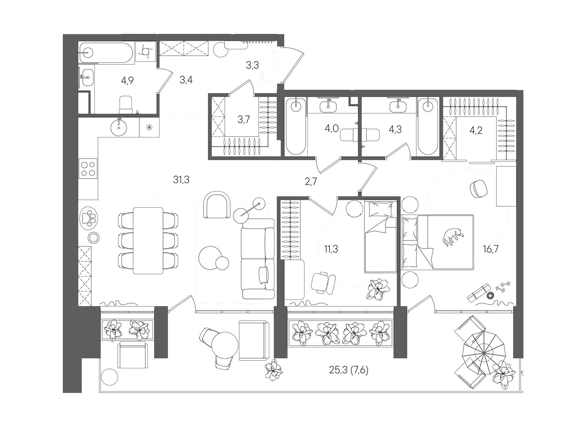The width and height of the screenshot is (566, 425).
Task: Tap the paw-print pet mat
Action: (x=89, y=217)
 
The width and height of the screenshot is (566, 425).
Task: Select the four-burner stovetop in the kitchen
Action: (x=88, y=168)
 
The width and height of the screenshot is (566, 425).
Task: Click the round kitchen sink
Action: (x=119, y=127)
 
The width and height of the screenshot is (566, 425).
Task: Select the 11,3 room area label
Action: (x=331, y=249)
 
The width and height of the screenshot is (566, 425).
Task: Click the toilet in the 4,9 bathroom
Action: (x=126, y=105)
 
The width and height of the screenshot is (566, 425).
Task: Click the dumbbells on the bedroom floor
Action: (x=503, y=287)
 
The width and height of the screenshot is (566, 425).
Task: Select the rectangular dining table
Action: (x=148, y=240)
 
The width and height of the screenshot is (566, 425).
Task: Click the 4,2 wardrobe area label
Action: (x=476, y=131)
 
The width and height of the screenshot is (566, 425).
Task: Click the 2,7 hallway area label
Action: (x=311, y=182)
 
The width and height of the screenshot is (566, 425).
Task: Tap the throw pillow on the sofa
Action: (x=263, y=275)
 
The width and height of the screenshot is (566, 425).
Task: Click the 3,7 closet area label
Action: (x=244, y=120)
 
